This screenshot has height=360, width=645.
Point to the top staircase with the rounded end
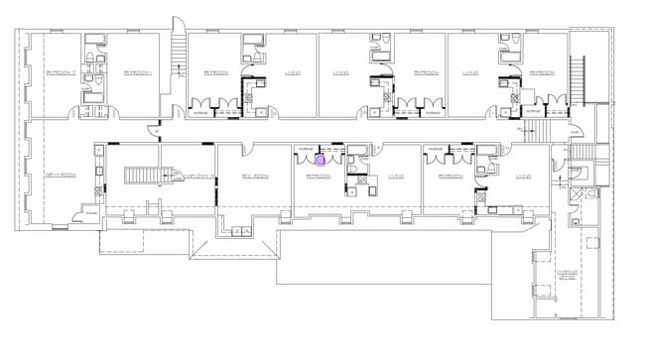point(178,44)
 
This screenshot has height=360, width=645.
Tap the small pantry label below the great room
point(90,212)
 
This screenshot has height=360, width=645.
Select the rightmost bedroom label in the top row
point(542,72)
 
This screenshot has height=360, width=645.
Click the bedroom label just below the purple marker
point(318,177)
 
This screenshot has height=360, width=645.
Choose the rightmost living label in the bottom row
point(524,177)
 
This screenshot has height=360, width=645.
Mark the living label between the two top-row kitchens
point(340,72)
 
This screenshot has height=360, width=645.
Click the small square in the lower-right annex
point(541,290)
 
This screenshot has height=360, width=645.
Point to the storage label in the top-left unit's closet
point(199,112)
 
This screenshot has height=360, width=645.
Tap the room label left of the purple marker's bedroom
point(255,177)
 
